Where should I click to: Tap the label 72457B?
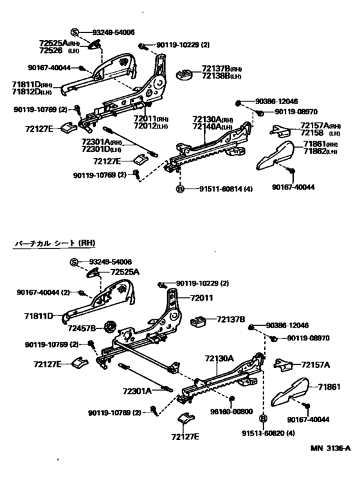click(83, 328)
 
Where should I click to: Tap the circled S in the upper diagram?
click(74, 32)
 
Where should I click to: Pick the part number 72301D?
click(97, 149)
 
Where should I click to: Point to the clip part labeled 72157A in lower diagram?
click(283, 364)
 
